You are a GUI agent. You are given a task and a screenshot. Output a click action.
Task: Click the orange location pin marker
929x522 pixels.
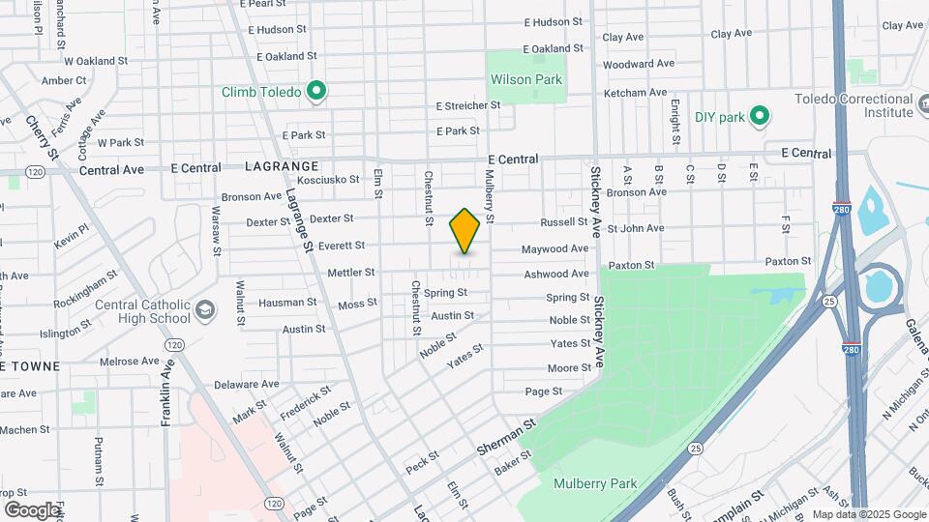click(464, 231)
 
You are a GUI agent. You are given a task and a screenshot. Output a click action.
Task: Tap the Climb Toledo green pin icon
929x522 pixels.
click(315, 92)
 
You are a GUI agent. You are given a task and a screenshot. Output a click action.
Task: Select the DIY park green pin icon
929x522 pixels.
click(760, 117)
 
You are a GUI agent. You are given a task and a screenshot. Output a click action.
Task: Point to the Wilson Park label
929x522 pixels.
click(526, 79)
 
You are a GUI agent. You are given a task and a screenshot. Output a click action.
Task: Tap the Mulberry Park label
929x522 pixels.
click(595, 483)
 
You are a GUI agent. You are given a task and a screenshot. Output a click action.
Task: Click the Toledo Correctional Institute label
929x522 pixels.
click(854, 105)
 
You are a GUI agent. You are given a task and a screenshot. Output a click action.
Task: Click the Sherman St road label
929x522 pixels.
click(506, 438)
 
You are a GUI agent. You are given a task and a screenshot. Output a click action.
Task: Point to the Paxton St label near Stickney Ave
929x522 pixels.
click(632, 264)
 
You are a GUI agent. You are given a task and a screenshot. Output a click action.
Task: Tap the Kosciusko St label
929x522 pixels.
click(328, 179)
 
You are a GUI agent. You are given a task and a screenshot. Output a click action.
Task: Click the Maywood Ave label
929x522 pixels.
click(555, 248)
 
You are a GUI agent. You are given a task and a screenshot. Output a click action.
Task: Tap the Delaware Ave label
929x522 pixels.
click(240, 384)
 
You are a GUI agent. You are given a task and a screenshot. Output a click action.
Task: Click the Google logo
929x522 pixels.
click(32, 509)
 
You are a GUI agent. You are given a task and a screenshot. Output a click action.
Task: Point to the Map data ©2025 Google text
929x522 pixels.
click(868, 514)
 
